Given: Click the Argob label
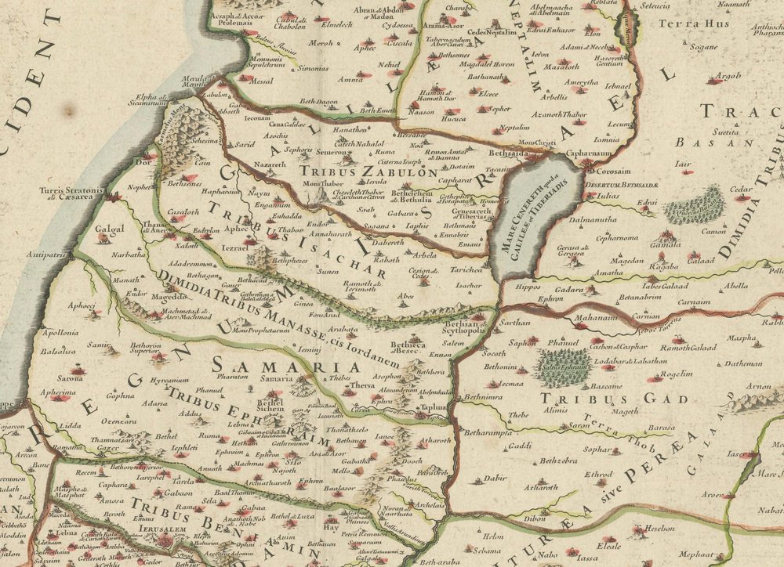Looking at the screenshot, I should (x=729, y=76).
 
